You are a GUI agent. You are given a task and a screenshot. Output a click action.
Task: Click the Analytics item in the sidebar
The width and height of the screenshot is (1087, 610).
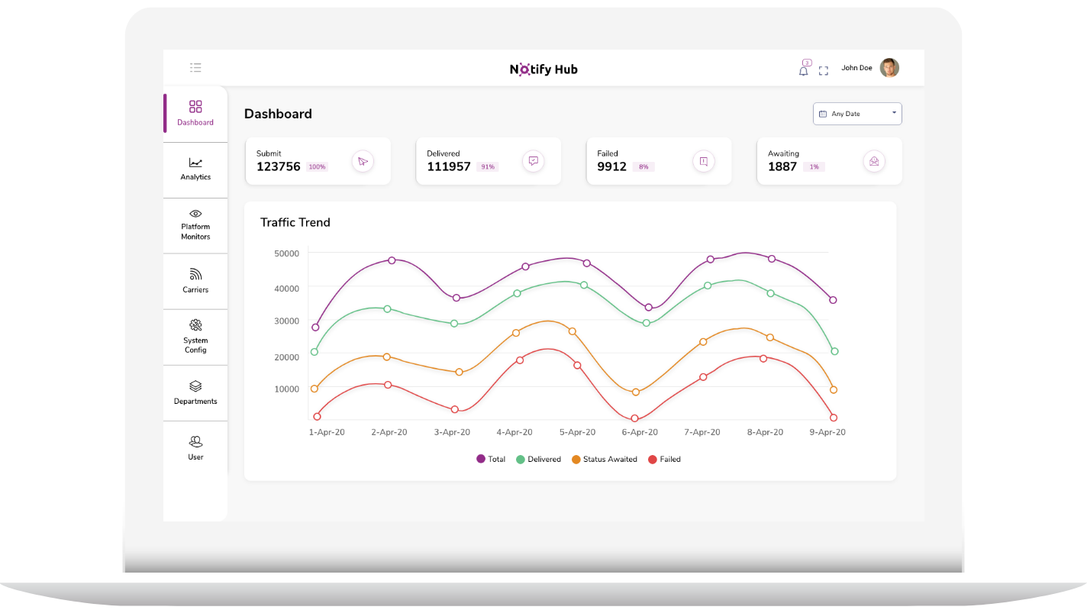(195, 169)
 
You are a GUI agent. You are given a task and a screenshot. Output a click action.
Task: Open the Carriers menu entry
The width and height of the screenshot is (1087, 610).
(195, 281)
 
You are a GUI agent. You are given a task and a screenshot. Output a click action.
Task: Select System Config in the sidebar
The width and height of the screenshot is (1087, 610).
(195, 337)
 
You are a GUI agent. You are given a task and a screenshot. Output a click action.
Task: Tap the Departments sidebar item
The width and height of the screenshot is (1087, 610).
(195, 392)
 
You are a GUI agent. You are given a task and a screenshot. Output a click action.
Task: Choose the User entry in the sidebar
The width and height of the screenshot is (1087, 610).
(195, 448)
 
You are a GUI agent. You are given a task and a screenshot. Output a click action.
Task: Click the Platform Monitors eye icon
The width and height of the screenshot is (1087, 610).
(195, 214)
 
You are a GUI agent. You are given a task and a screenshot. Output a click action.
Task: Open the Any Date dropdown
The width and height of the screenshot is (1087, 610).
(857, 114)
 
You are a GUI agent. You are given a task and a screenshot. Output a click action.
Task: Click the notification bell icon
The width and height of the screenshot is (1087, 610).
(803, 70)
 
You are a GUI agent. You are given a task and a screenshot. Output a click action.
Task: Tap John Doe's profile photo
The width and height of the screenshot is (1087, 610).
(889, 68)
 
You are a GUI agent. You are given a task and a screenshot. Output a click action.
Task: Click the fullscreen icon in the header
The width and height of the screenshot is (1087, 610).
(824, 71)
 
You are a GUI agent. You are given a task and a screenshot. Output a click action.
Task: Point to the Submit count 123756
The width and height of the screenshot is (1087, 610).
(279, 166)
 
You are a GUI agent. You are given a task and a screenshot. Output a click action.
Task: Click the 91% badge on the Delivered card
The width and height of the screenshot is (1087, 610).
(487, 166)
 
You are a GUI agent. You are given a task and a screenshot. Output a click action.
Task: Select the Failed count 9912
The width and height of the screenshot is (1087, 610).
(612, 166)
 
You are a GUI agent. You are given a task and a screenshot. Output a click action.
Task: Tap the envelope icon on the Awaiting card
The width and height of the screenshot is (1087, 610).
(874, 161)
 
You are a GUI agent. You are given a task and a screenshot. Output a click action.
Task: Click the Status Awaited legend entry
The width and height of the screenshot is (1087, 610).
(604, 460)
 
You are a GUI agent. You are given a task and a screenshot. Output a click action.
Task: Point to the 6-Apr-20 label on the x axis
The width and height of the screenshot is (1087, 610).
(640, 432)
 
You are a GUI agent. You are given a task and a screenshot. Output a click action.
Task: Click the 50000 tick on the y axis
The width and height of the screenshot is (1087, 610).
(287, 253)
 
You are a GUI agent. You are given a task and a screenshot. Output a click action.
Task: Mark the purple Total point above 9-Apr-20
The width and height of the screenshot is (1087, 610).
(833, 300)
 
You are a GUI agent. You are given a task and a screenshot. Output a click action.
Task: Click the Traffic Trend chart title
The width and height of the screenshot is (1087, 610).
(295, 223)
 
